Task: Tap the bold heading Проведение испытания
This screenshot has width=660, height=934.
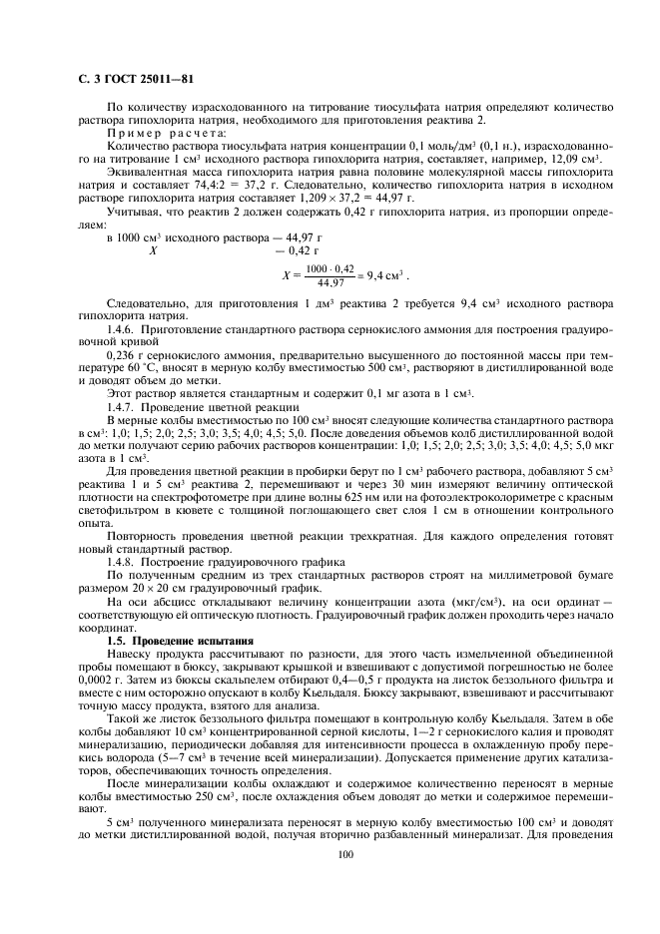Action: (x=190, y=639)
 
